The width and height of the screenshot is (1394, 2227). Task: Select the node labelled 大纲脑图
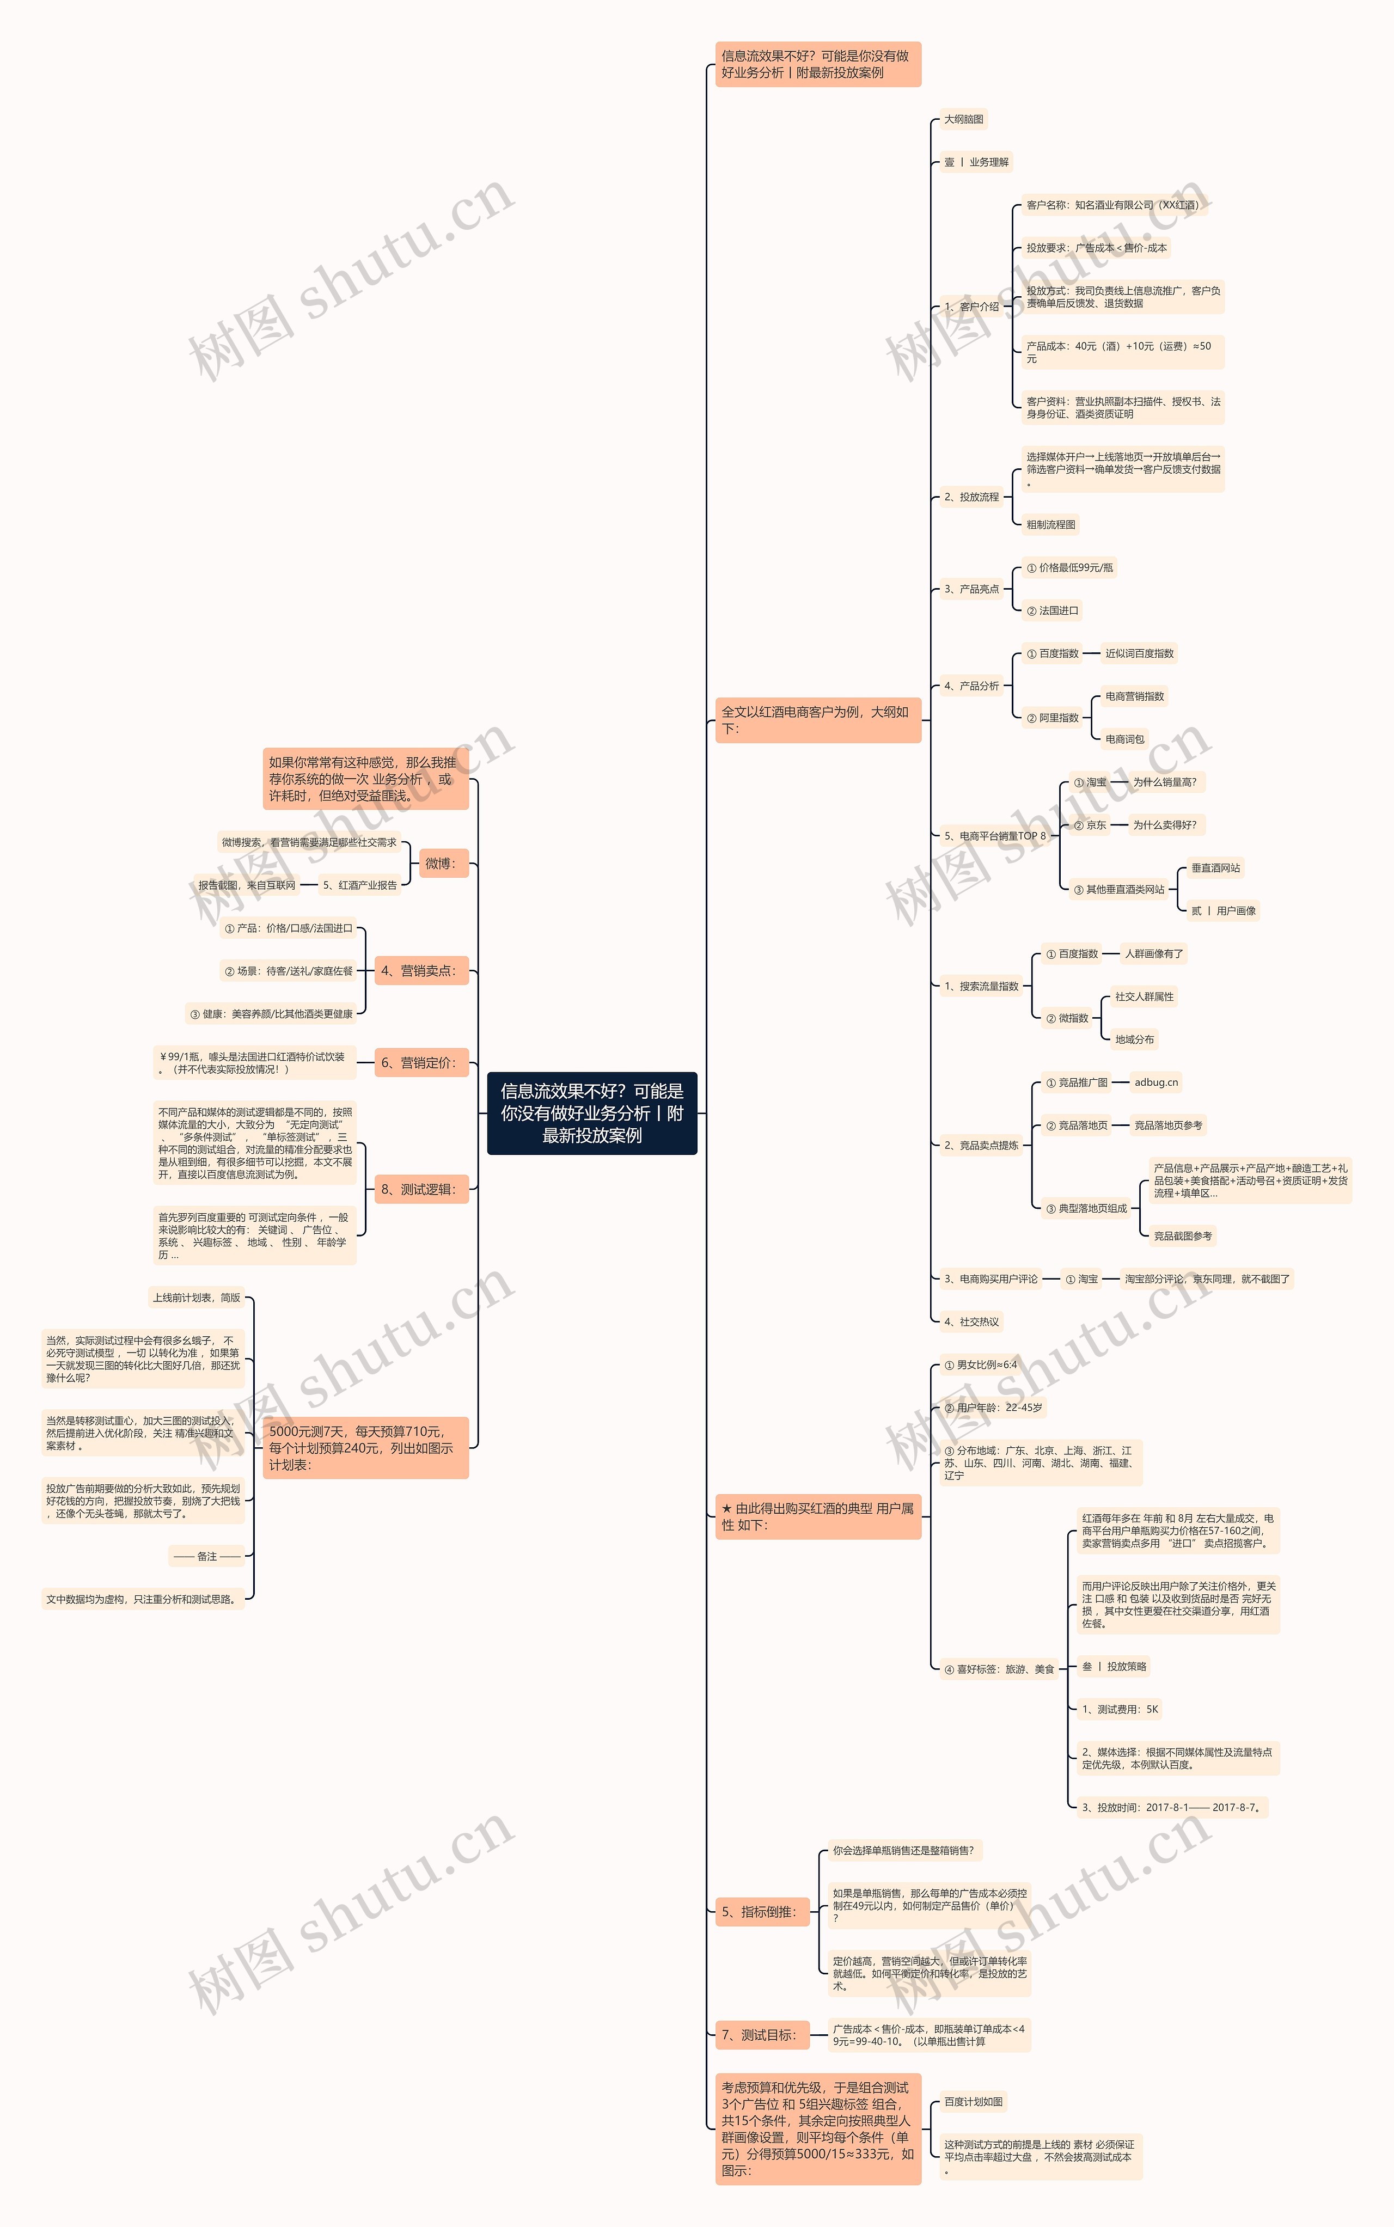(x=963, y=119)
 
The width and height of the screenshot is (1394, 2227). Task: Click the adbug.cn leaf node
(x=1156, y=1082)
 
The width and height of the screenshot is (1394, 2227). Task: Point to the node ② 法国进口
(x=1052, y=610)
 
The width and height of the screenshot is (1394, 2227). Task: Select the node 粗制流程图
(x=1051, y=524)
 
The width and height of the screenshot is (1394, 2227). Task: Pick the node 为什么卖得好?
(x=1164, y=825)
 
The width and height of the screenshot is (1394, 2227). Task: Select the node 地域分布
(x=1134, y=1040)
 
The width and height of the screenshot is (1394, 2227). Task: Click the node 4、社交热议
(x=971, y=1322)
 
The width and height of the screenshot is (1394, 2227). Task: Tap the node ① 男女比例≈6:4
(x=980, y=1365)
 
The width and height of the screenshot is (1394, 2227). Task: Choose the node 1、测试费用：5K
(x=1119, y=1709)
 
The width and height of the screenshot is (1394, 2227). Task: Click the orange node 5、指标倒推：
(x=762, y=1912)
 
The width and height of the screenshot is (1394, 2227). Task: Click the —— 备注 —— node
(x=206, y=1556)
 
